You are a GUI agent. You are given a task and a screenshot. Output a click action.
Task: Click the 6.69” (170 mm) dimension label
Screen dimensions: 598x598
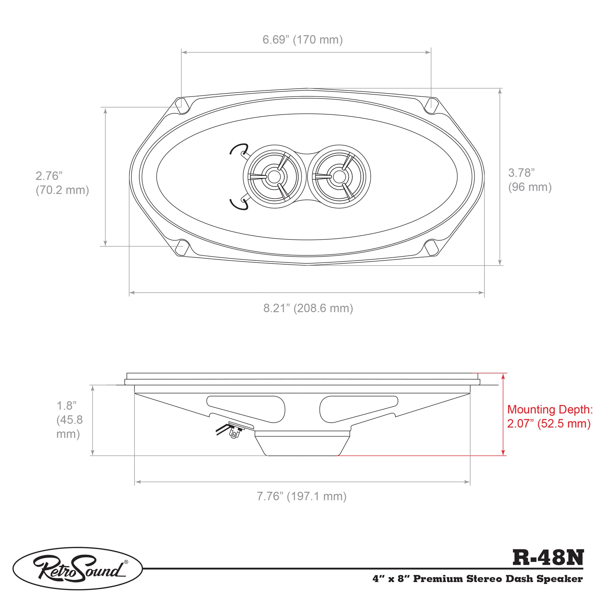coord(302,40)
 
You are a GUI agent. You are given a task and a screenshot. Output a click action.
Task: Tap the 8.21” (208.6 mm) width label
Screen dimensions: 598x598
coord(308,309)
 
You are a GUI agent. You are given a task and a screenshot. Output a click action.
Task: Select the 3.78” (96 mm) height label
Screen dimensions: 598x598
coord(529,180)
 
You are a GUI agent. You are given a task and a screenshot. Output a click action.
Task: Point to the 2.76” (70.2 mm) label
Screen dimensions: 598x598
coord(62,183)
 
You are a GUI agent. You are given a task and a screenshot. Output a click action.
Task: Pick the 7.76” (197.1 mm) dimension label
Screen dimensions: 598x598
coord(301,496)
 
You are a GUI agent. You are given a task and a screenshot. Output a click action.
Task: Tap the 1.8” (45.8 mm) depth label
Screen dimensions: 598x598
coord(69,420)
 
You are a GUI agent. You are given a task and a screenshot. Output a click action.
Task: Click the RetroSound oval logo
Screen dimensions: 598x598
coord(77,568)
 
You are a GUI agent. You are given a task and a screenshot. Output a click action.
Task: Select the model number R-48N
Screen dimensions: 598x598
coord(548,557)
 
